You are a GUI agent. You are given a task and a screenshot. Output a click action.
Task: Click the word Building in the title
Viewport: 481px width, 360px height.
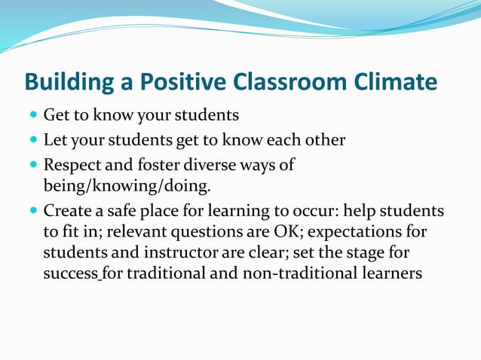[x=66, y=81]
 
